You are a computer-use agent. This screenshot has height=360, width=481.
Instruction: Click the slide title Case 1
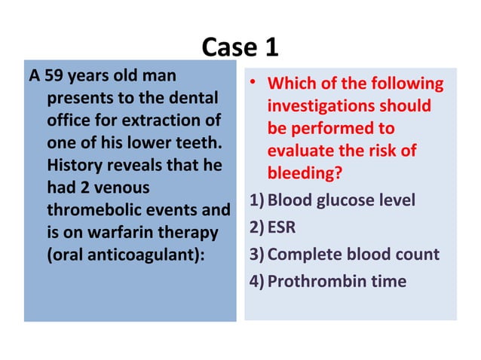pyautogui.click(x=240, y=47)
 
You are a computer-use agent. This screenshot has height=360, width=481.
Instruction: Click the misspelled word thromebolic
pyautogui.click(x=94, y=209)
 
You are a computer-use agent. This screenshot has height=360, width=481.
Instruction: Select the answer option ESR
pyautogui.click(x=282, y=227)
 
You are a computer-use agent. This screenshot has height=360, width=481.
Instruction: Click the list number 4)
pyautogui.click(x=257, y=281)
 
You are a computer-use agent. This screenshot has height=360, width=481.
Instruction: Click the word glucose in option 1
pyautogui.click(x=342, y=201)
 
